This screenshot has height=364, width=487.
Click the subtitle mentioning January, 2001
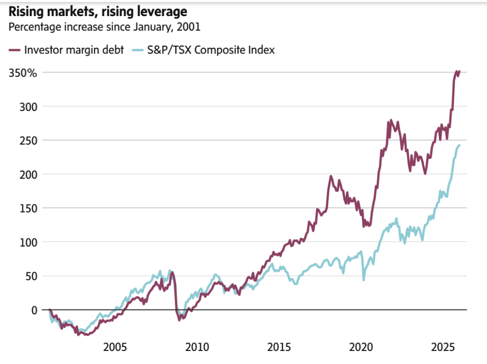104,27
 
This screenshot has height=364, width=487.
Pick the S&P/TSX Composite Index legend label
211,50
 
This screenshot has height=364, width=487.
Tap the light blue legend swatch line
138,50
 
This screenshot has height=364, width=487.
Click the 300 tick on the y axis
30,107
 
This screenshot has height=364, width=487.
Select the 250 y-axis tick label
30,140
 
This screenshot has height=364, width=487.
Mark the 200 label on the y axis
30,174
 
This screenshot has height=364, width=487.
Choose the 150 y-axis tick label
30,208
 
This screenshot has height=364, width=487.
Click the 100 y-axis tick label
30,242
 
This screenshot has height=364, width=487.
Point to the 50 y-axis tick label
32,276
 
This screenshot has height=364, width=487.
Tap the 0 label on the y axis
35,309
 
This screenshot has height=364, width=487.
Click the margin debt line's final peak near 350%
457,72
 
